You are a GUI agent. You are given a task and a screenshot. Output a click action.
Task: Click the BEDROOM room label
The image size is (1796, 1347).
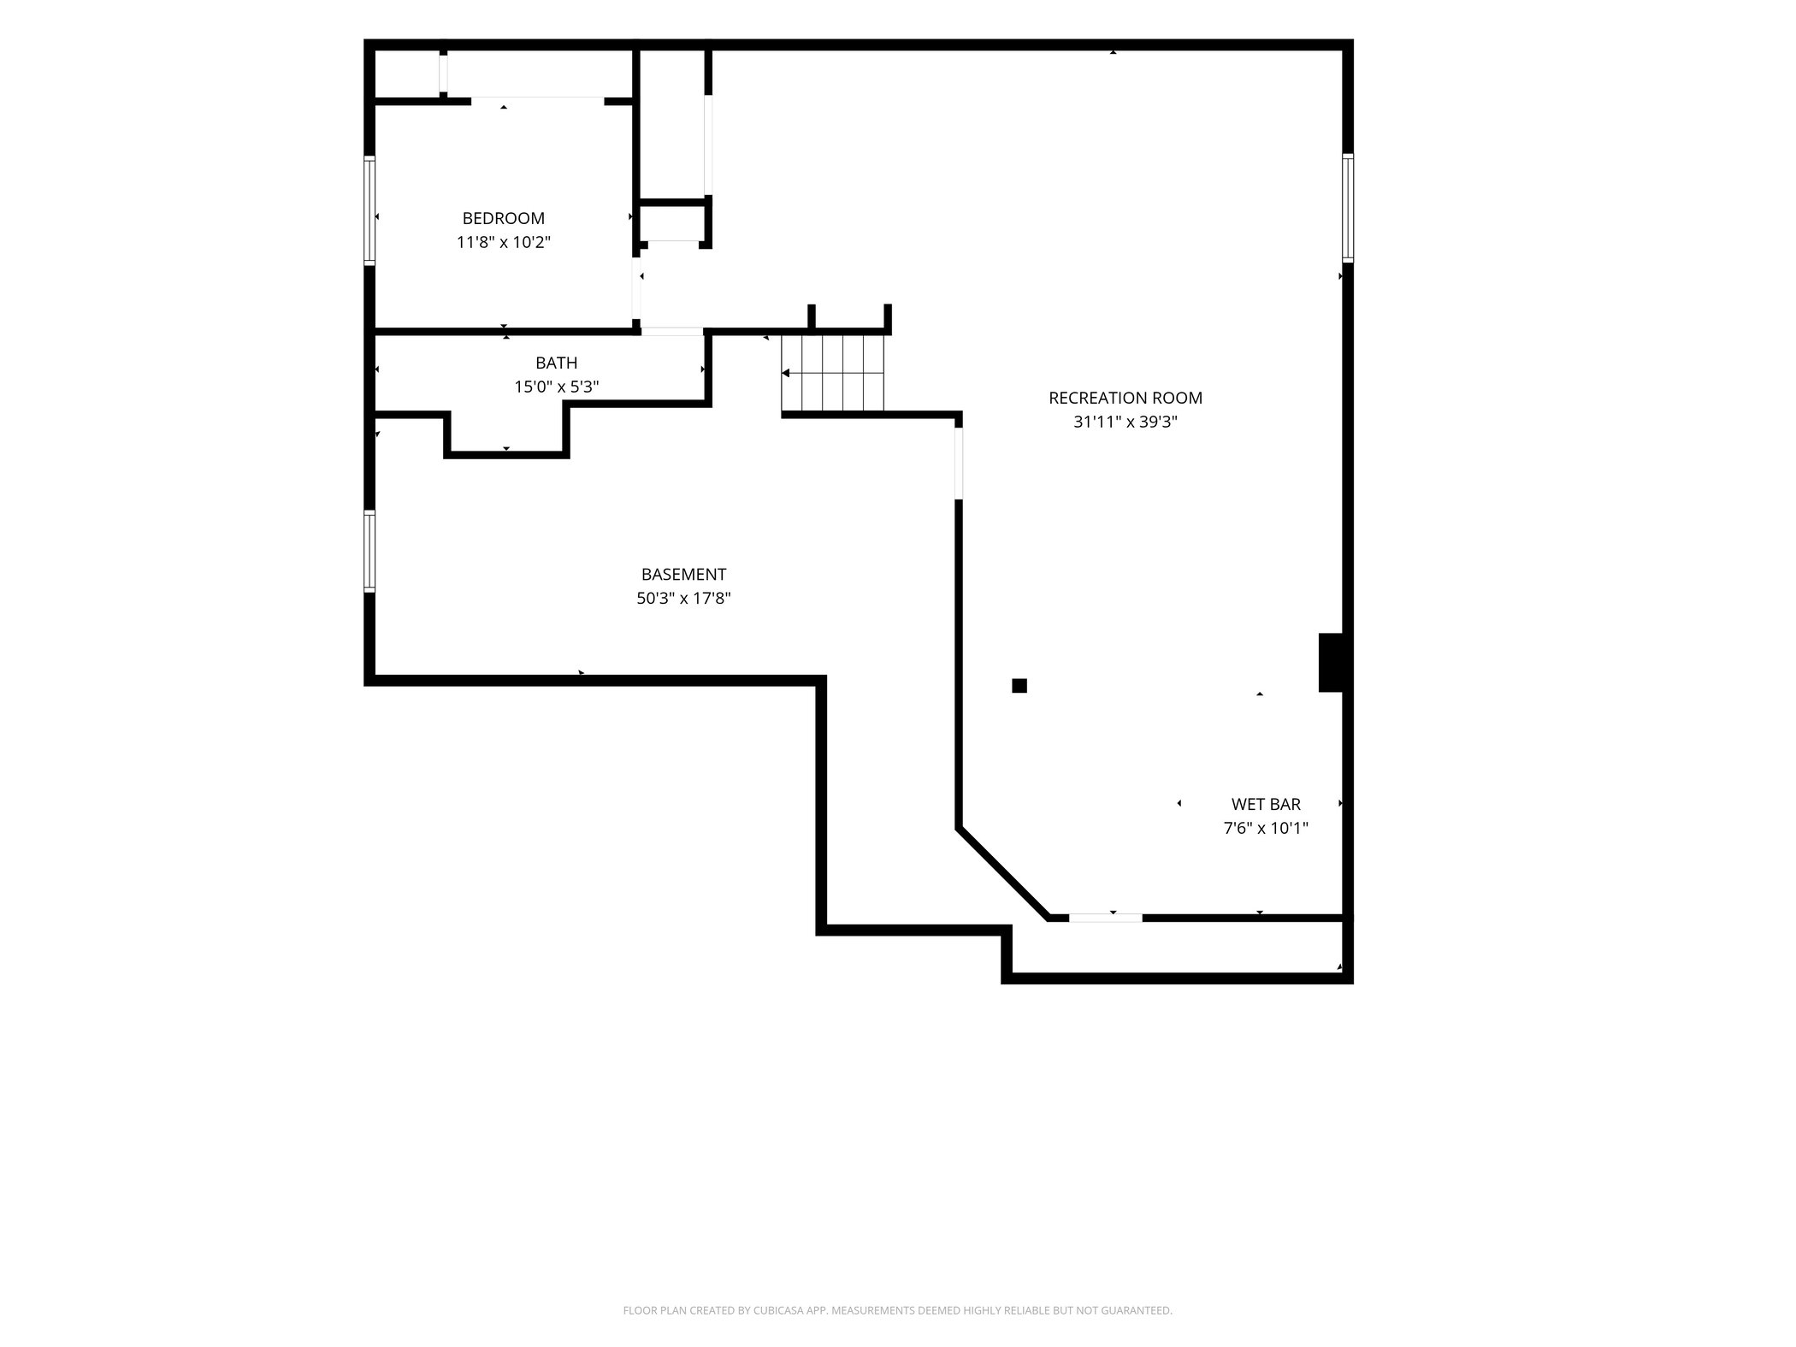pyautogui.click(x=503, y=218)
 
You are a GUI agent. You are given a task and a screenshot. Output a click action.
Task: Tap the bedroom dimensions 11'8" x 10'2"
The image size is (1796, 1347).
pyautogui.click(x=503, y=242)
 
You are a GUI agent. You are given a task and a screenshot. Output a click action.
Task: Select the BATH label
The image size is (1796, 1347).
pyautogui.click(x=556, y=363)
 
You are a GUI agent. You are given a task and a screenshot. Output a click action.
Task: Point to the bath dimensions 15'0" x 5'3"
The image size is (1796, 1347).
pyautogui.click(x=556, y=387)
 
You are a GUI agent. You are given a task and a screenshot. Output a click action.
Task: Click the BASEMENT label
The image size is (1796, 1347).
pyautogui.click(x=683, y=575)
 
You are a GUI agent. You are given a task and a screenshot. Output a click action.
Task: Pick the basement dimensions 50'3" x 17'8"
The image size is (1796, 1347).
pyautogui.click(x=683, y=599)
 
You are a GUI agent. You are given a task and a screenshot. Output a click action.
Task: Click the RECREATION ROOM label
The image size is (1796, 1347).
pyautogui.click(x=1125, y=398)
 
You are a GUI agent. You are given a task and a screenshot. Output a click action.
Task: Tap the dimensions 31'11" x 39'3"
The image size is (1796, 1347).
pyautogui.click(x=1125, y=422)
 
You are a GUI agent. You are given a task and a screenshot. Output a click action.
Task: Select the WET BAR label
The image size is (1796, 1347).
pyautogui.click(x=1266, y=804)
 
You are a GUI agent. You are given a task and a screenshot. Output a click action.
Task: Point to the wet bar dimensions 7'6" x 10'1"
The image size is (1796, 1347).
pyautogui.click(x=1266, y=828)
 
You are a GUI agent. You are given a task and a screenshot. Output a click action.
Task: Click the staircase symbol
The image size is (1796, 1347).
pyautogui.click(x=833, y=373)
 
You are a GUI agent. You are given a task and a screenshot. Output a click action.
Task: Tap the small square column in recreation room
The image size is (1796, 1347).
pyautogui.click(x=1019, y=685)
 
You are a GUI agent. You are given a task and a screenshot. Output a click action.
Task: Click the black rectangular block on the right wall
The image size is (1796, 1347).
pyautogui.click(x=1332, y=662)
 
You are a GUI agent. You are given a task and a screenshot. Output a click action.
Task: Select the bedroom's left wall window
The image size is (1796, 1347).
pyautogui.click(x=369, y=210)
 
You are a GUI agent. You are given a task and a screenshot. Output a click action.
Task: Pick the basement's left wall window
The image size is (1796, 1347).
pyautogui.click(x=369, y=552)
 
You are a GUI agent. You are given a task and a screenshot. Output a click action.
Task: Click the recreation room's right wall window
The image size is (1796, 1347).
pyautogui.click(x=1347, y=208)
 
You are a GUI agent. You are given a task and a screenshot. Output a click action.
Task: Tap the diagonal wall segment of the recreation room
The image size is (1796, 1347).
pyautogui.click(x=1002, y=873)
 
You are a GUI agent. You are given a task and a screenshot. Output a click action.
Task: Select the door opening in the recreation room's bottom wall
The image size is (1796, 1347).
pyautogui.click(x=1105, y=918)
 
